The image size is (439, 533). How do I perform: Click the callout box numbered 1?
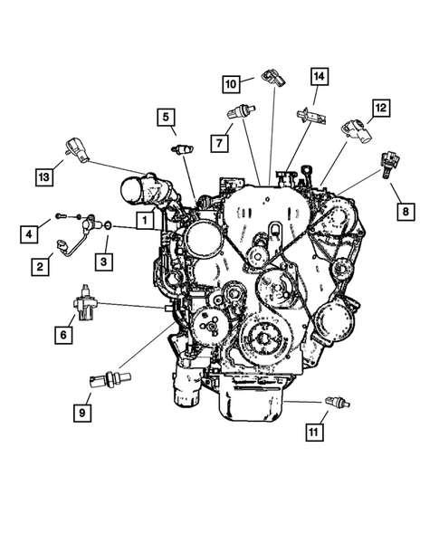coord(145,220)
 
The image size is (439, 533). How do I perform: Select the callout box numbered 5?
coord(166,118)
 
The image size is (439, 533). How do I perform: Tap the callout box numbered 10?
coord(231,84)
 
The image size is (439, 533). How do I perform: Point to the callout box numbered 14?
coord(319,77)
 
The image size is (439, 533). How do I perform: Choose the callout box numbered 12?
coord(380,108)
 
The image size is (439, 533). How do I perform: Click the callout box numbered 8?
coord(406,212)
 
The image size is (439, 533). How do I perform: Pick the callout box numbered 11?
coord(314,433)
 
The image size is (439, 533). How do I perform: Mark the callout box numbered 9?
coord(82,413)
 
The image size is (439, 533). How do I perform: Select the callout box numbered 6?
coord(63,335)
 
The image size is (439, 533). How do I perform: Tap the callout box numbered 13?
coord(44,177)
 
